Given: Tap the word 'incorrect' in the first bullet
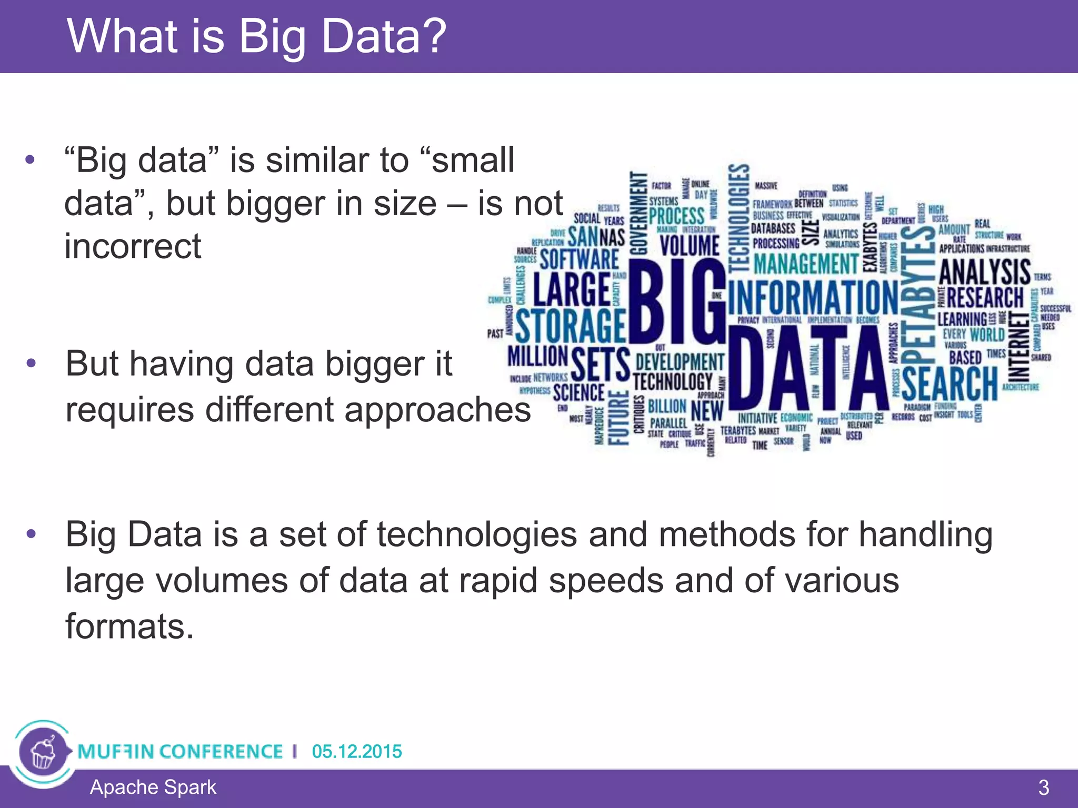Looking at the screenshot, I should [x=133, y=246].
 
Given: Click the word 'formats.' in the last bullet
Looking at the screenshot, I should [x=129, y=627].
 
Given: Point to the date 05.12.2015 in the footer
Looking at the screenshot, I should [x=356, y=751].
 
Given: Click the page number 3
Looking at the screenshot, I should [x=1043, y=788].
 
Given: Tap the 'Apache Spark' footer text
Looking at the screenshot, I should [x=153, y=787].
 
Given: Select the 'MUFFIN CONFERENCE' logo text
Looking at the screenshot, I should [x=180, y=751].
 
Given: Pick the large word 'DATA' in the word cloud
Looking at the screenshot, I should [x=808, y=368].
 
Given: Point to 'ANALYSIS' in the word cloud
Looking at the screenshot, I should [x=984, y=271].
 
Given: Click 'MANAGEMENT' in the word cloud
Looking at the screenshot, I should [x=805, y=263].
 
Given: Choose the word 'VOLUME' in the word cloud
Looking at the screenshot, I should [x=690, y=246].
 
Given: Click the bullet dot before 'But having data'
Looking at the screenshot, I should [x=31, y=363].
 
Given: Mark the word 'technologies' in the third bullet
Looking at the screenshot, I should [x=477, y=535].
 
